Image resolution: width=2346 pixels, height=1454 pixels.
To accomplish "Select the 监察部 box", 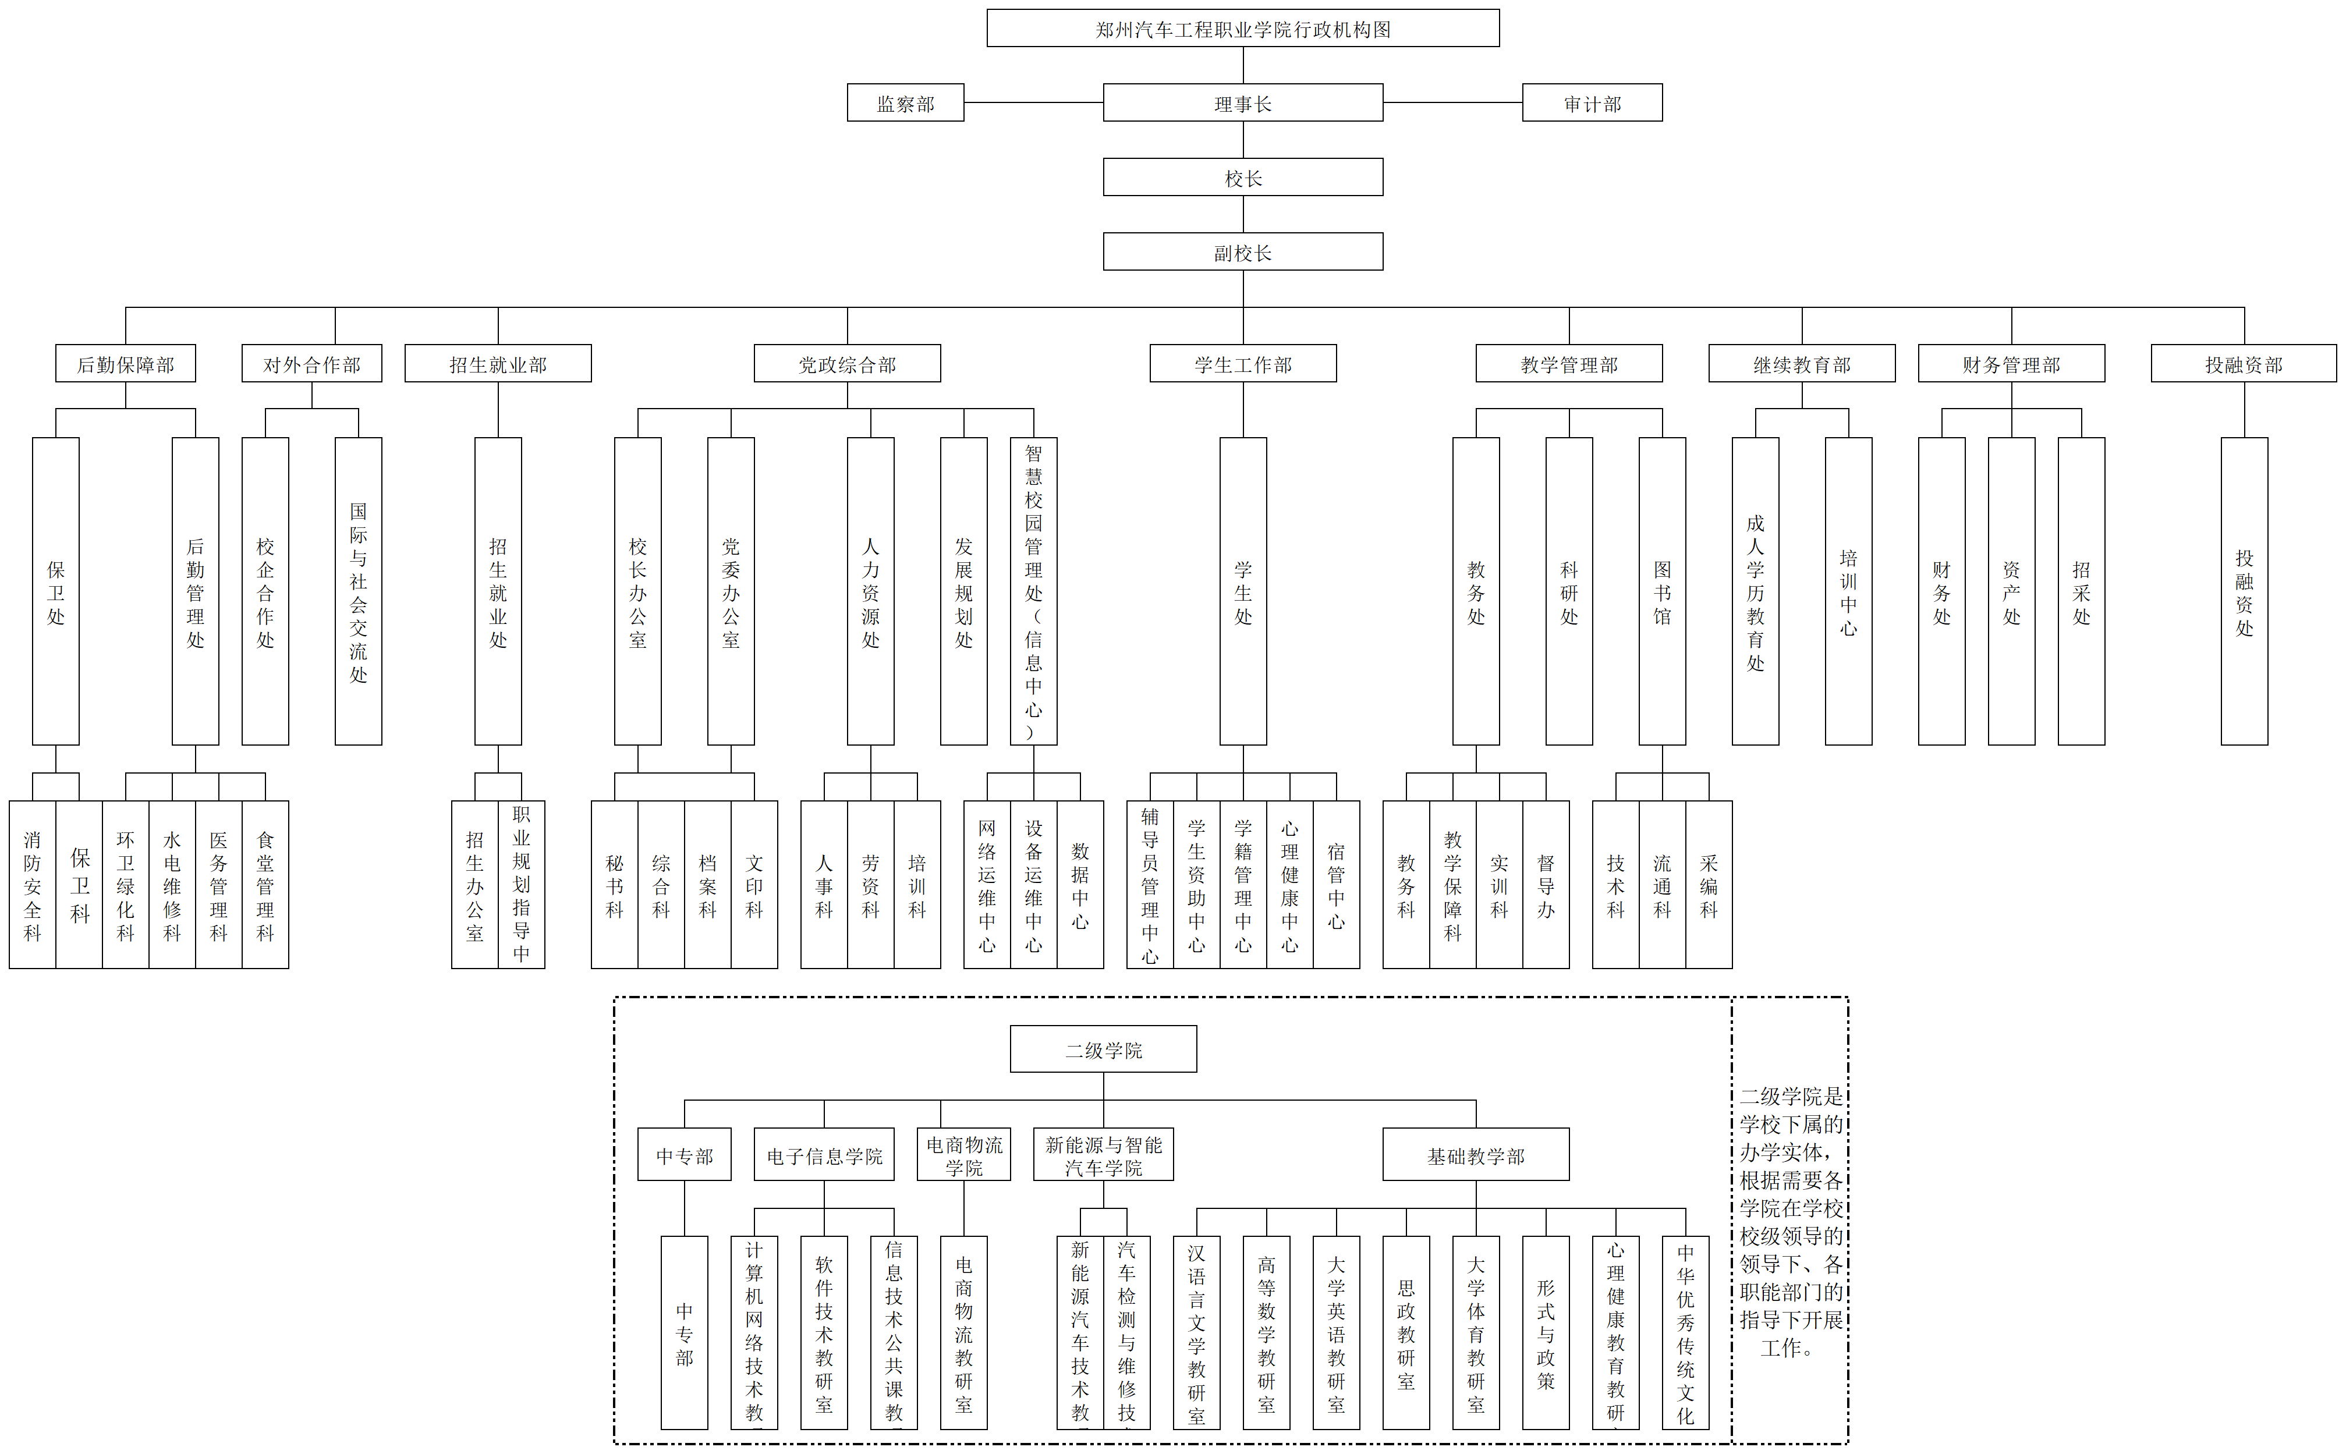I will pyautogui.click(x=905, y=103).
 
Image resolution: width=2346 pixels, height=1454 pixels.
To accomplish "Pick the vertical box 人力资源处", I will pyautogui.click(x=870, y=591).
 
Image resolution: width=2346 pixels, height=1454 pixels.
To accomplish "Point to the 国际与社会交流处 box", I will pyautogui.click(x=357, y=591).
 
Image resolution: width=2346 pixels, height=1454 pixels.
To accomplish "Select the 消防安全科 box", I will pyautogui.click(x=32, y=885).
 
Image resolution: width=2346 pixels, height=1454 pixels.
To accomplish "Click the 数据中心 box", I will pyautogui.click(x=1080, y=885).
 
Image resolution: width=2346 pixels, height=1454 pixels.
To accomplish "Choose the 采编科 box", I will pyautogui.click(x=1709, y=885).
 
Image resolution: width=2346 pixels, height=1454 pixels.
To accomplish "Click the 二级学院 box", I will pyautogui.click(x=1103, y=1049).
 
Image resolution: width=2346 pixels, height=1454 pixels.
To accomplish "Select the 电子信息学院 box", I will pyautogui.click(x=824, y=1155).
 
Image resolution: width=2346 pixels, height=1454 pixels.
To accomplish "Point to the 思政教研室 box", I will pyautogui.click(x=1406, y=1333).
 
